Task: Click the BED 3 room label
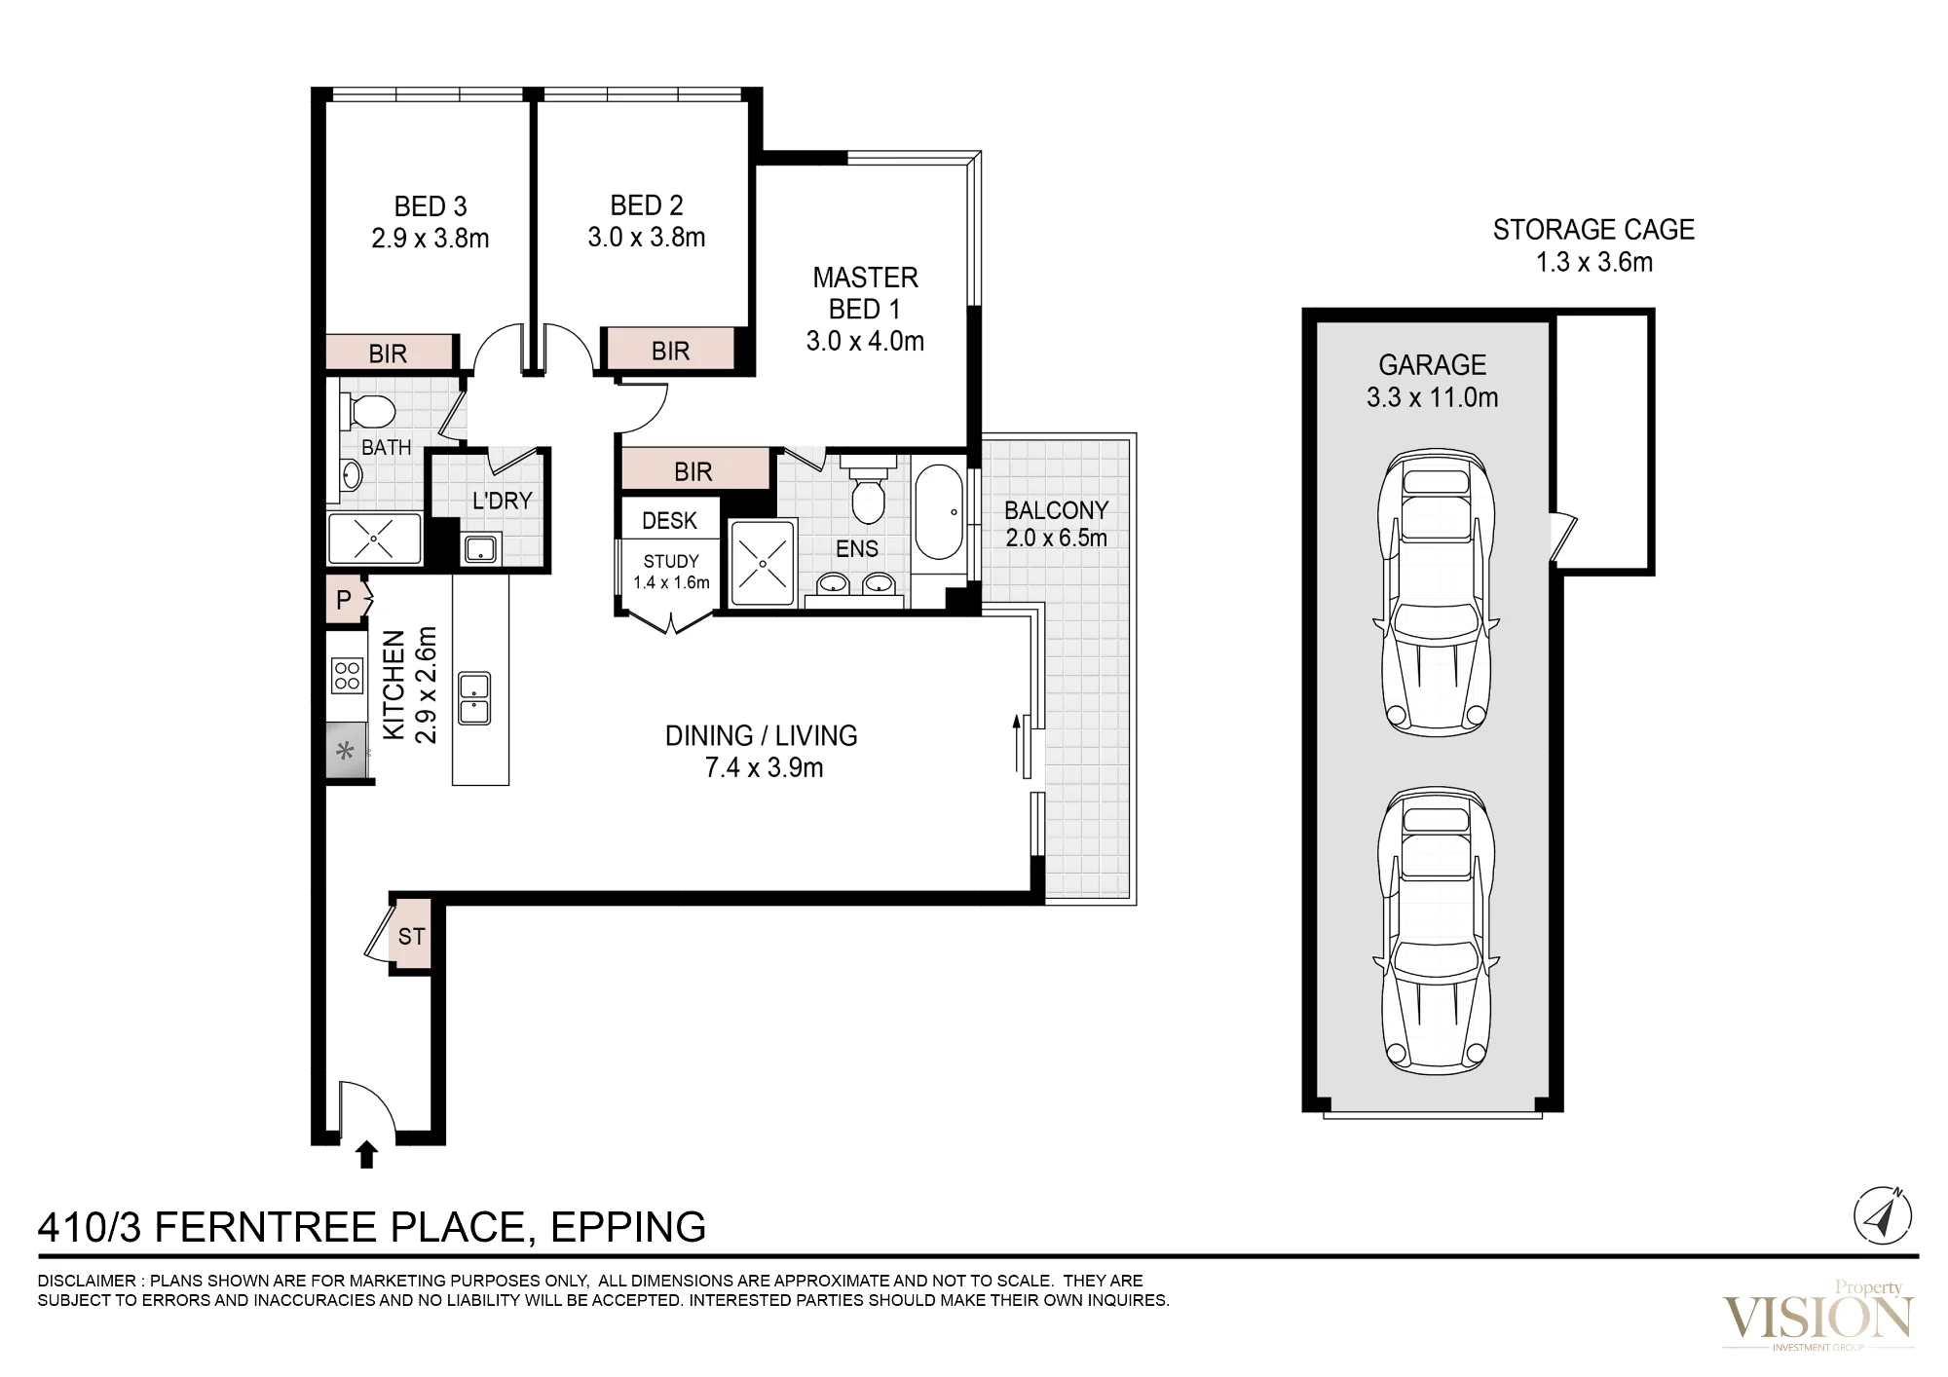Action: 431,206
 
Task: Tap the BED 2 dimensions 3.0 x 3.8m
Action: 647,238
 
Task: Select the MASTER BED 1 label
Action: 865,293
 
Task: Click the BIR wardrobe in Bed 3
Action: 389,353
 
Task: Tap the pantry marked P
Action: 344,600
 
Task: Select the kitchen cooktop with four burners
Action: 347,676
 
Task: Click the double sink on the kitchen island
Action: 475,699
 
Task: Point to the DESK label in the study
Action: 670,521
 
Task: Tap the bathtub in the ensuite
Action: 938,511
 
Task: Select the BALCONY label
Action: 1056,510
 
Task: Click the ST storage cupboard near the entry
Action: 411,936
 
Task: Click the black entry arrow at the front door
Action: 366,1155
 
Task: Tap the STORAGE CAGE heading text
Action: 1593,230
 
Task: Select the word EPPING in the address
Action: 628,1227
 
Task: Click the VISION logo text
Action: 1817,1319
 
